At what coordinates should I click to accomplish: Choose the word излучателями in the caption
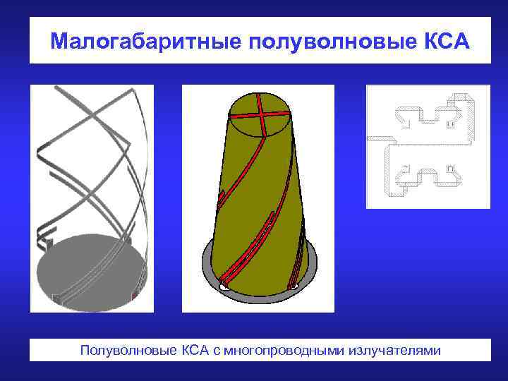(x=394, y=351)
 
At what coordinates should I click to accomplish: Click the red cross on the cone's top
(x=259, y=114)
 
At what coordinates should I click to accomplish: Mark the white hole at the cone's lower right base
(x=291, y=284)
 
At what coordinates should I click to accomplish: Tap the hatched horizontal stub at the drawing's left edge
(x=377, y=138)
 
